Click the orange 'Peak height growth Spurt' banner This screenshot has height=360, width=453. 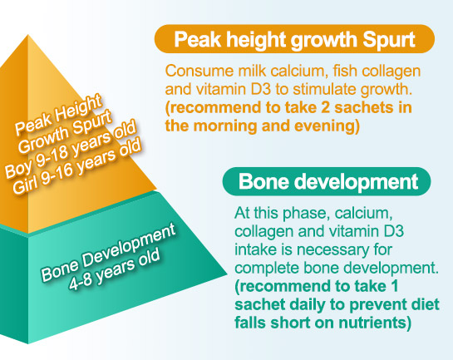tap(294, 39)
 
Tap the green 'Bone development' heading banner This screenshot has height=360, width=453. tap(327, 181)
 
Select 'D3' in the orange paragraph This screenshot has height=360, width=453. tap(261, 89)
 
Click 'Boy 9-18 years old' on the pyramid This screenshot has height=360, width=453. tap(70, 150)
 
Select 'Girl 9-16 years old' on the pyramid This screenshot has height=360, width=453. tap(76, 167)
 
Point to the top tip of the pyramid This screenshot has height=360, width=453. tap(28, 35)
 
